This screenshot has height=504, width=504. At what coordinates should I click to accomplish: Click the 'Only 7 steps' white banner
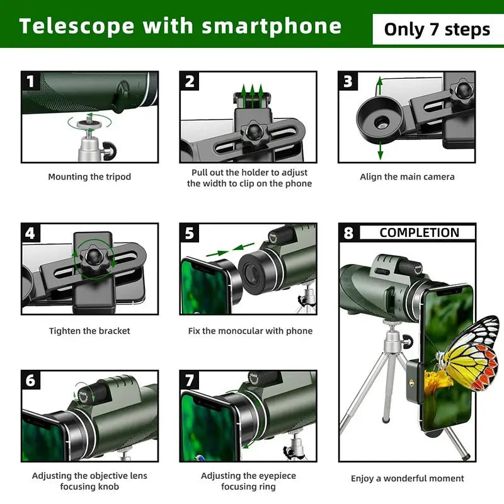437,29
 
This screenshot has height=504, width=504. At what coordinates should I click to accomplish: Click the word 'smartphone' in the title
272,26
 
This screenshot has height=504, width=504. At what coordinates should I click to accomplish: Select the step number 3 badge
348,81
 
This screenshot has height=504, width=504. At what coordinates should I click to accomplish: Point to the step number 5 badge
190,233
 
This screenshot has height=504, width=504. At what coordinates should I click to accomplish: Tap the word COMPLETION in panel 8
419,232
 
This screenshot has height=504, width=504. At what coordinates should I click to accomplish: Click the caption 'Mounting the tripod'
89,177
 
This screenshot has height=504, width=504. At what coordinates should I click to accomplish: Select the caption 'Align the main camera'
407,177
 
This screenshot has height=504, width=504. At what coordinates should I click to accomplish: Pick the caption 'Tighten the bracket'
89,331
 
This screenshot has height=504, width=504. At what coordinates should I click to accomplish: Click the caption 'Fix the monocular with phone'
250,331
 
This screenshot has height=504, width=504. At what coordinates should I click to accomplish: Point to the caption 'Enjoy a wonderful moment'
407,479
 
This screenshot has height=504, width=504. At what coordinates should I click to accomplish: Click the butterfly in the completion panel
469,353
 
